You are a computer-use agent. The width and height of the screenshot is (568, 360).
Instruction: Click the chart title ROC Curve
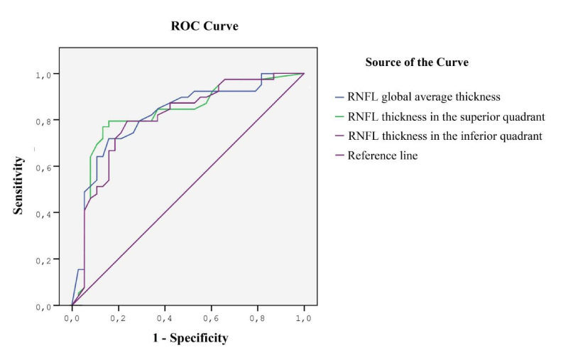(204, 26)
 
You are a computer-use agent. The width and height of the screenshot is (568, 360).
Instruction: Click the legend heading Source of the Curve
(417, 62)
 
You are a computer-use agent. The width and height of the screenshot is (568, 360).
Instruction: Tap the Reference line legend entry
(382, 155)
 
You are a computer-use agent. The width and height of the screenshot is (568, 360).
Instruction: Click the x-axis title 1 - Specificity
(190, 338)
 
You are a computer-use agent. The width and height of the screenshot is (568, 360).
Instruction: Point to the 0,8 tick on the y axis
(43, 121)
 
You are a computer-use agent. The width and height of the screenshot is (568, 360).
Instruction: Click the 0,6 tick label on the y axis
(43, 167)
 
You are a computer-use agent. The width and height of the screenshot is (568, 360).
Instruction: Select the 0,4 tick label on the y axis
(43, 213)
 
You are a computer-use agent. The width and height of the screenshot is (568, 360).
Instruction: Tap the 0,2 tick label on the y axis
(43, 260)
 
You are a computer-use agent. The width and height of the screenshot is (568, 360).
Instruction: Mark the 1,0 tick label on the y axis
(43, 75)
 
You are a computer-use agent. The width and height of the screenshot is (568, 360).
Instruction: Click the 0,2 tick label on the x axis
(118, 320)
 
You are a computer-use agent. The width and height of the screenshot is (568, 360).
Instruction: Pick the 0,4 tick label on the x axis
(165, 320)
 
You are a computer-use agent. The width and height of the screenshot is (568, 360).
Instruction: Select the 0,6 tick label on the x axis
(211, 320)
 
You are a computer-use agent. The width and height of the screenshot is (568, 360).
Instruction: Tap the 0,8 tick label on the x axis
(258, 320)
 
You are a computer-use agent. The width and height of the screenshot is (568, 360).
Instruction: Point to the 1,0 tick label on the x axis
(304, 320)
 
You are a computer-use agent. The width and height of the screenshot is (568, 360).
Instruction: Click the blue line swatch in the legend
(339, 97)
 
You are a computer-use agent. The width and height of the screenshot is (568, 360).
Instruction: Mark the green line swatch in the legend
(339, 116)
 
